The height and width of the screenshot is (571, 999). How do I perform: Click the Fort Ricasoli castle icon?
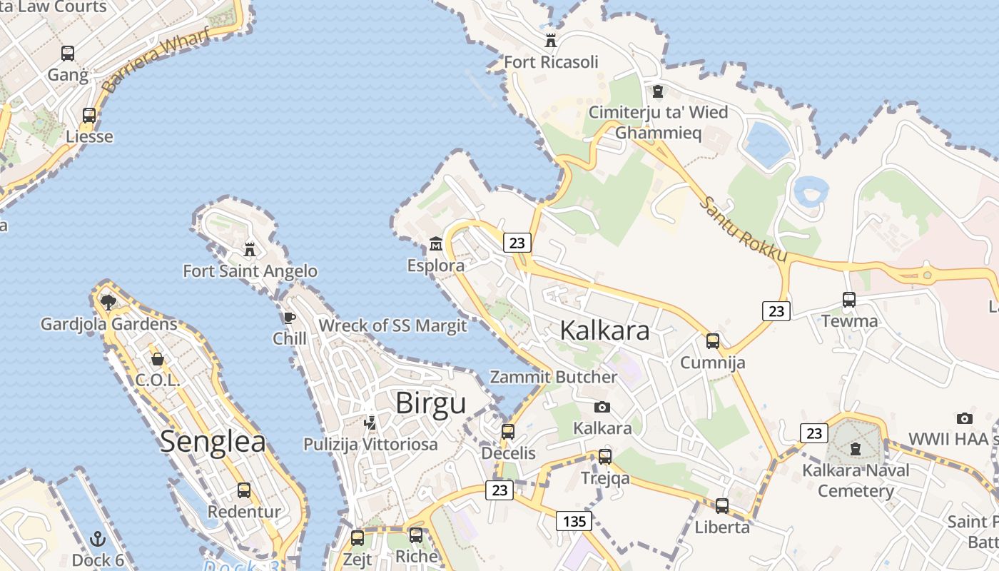(x=550, y=40)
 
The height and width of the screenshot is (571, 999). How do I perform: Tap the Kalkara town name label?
(x=604, y=330)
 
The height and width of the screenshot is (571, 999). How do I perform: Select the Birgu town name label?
(x=430, y=403)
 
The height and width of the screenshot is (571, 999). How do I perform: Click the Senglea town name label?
(x=213, y=441)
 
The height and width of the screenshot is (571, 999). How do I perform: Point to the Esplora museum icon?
(x=435, y=245)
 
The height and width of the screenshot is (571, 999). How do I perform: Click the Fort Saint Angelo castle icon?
(x=250, y=250)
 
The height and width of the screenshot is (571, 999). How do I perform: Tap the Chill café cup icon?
(x=289, y=318)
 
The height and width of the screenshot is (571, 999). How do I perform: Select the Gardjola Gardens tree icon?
(x=108, y=303)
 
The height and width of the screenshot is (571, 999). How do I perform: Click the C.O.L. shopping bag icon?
(x=158, y=359)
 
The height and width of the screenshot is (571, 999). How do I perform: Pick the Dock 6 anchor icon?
(x=98, y=539)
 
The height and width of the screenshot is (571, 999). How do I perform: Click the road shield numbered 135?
(x=574, y=521)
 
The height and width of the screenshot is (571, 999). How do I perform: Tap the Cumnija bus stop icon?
(x=712, y=341)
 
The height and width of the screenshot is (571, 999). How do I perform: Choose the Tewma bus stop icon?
(x=848, y=300)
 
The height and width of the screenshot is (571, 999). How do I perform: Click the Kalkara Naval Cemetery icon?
(x=855, y=449)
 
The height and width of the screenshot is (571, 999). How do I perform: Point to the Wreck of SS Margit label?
(x=392, y=326)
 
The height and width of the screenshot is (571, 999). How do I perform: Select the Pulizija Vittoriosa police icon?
(x=370, y=423)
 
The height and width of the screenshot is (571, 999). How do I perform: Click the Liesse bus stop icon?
(x=89, y=115)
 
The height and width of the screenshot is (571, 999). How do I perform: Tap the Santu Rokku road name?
(x=743, y=229)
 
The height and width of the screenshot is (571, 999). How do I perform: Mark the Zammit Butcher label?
(x=553, y=377)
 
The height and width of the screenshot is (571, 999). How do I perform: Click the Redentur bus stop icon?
(x=244, y=490)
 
